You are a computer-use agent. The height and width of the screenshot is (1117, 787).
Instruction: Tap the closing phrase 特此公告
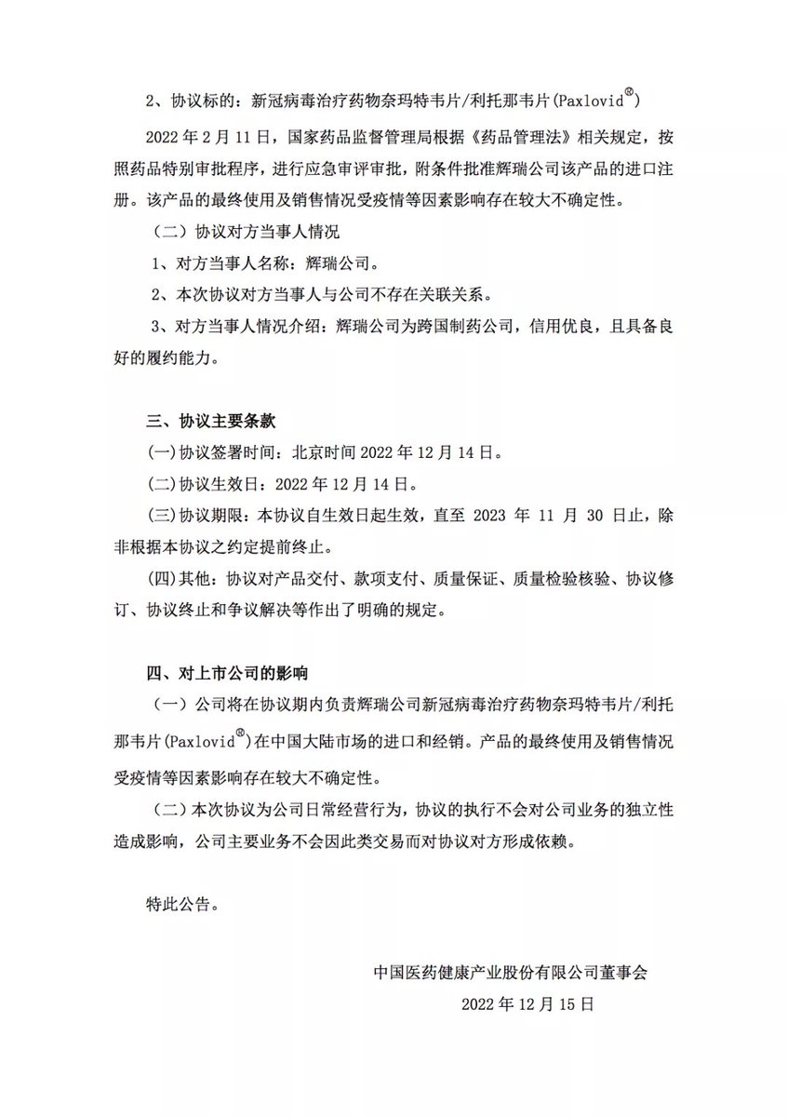click(x=183, y=902)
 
